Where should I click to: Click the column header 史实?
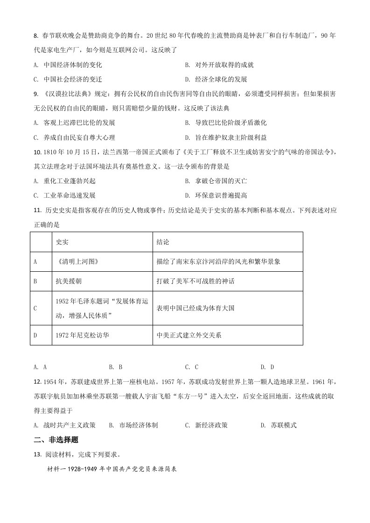(x=62, y=242)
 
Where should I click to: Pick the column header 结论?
(x=163, y=242)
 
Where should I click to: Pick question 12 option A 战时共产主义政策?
(x=65, y=425)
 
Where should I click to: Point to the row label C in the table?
(x=35, y=308)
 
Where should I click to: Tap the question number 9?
(x=35, y=94)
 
